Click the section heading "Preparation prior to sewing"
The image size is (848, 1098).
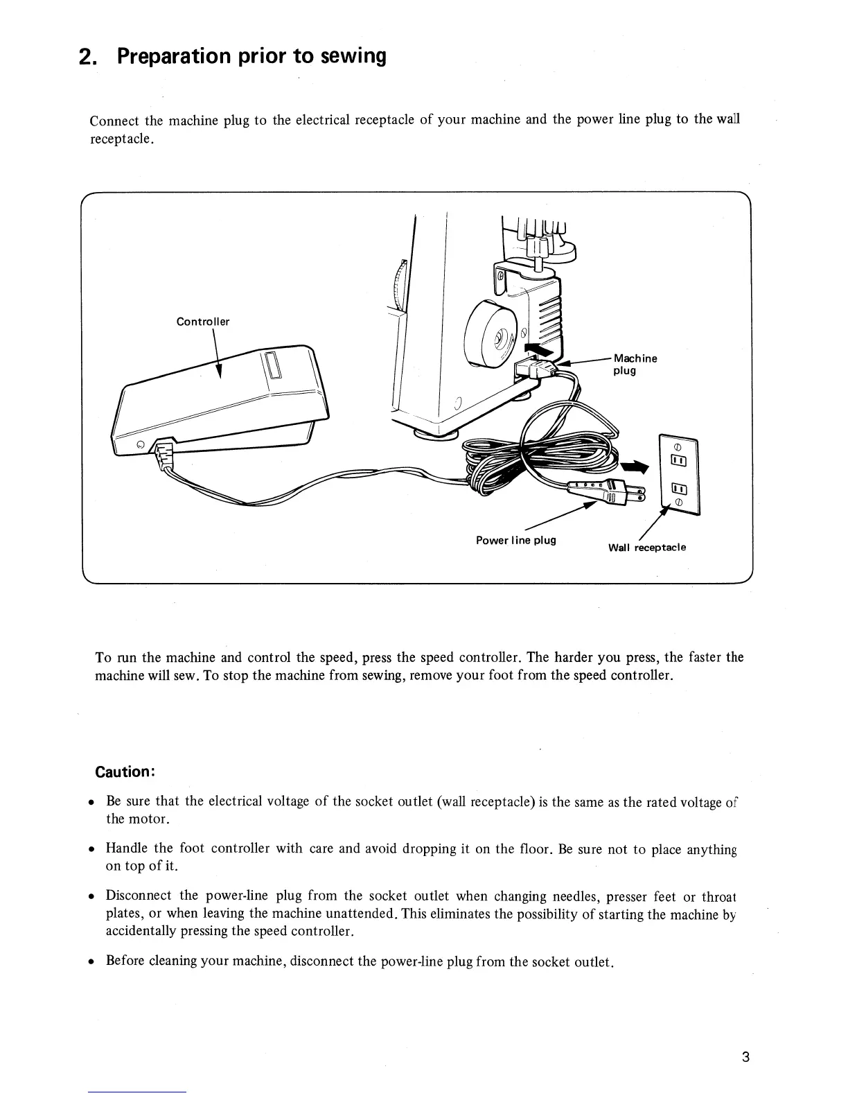point(251,56)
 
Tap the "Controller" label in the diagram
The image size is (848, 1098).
point(202,322)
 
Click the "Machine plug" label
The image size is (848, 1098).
point(635,364)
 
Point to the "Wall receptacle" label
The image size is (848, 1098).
point(646,548)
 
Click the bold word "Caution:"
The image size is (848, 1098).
point(123,772)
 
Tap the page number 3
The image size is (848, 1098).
point(745,1057)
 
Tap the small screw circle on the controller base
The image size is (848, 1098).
point(140,444)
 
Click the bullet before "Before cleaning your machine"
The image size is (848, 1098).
point(91,962)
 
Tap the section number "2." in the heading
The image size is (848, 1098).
point(87,57)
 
